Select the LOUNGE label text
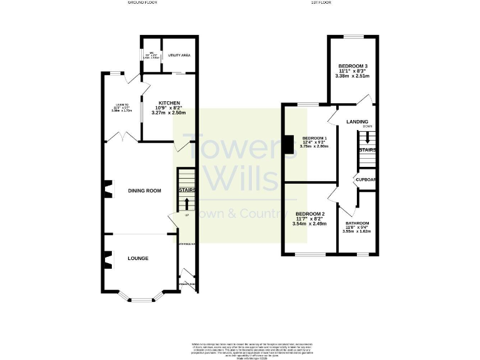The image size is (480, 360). [x=138, y=257]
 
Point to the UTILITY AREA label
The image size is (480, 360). [x=179, y=56]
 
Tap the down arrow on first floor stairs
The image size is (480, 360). [x=367, y=138]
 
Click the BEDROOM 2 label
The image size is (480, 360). [x=310, y=212]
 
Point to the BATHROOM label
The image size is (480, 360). [x=357, y=224]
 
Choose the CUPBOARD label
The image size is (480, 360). [x=366, y=179]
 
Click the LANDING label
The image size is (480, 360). [x=357, y=122]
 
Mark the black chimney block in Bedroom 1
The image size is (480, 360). [x=287, y=144]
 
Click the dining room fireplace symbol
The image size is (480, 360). [x=107, y=188]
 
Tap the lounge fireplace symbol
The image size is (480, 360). [x=107, y=258]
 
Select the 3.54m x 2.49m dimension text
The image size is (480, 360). [x=310, y=223]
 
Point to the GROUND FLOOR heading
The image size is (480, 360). [x=142, y=3]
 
